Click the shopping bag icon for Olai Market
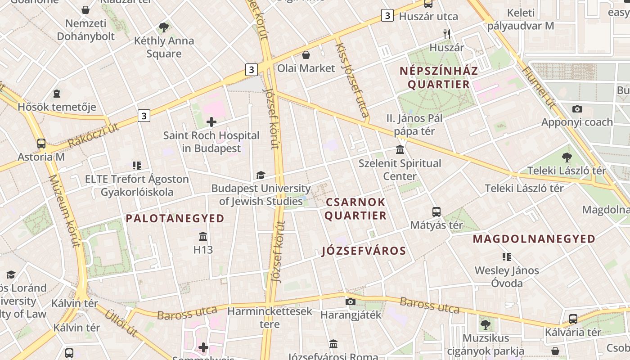click(306, 55)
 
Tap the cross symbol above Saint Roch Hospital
click(211, 121)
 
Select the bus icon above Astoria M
click(41, 144)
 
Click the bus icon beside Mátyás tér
click(436, 211)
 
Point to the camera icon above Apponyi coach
click(577, 109)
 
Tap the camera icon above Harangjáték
click(351, 301)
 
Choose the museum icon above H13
click(203, 236)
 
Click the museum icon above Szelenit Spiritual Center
click(400, 150)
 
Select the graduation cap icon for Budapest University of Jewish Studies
click(261, 175)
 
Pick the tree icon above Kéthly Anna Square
click(164, 27)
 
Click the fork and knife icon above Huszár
click(447, 34)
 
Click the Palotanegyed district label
click(175, 219)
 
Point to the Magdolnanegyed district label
click(534, 239)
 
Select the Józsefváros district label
click(364, 251)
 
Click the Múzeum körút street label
click(66, 211)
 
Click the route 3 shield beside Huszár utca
click(387, 15)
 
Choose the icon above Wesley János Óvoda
click(507, 257)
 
